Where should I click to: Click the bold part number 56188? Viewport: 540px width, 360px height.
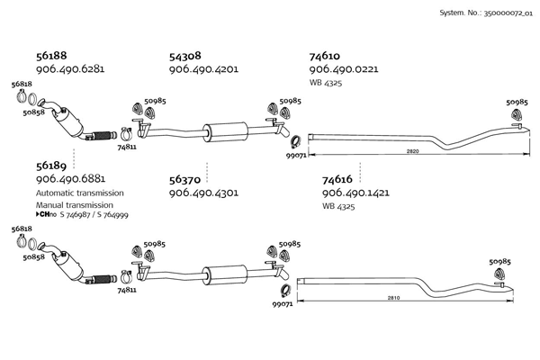pos(51,56)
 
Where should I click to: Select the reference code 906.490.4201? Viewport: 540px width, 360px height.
pos(203,69)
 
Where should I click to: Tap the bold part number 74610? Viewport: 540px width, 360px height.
pos(324,56)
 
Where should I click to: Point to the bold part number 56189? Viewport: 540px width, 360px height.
pos(51,166)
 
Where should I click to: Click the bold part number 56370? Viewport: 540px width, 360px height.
pos(184,180)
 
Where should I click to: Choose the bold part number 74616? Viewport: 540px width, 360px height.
pos(337,179)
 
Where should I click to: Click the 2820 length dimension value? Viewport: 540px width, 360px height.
pos(412,151)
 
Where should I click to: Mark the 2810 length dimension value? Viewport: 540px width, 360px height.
pos(393,298)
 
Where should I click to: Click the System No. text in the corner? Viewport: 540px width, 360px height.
pos(486,13)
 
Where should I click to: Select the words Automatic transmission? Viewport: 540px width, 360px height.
pos(80,193)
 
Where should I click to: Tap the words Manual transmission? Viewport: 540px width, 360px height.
pos(75,205)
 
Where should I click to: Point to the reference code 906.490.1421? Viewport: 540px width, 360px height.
pos(355,193)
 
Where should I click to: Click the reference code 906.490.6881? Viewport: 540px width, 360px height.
pos(70,179)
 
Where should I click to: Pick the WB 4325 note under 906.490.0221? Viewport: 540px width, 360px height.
pos(326,83)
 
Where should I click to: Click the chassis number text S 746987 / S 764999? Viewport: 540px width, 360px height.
pos(94,215)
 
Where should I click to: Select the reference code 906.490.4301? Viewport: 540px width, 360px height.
pos(203,193)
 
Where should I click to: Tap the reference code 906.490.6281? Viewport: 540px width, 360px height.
pos(70,69)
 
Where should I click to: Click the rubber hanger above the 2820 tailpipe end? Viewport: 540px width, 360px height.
pos(517,114)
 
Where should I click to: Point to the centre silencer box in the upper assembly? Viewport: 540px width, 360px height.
pos(226,132)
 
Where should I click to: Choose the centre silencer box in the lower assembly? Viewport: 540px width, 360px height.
pos(224,274)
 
